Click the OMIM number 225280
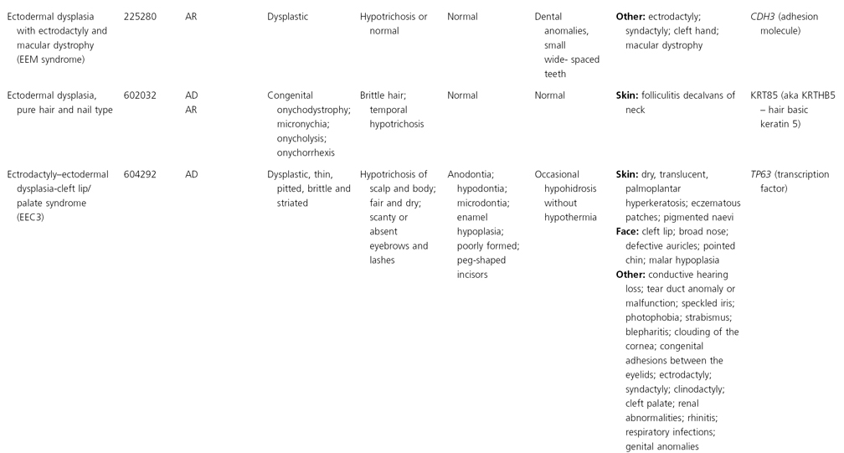(x=141, y=17)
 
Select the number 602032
(x=141, y=95)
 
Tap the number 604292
(x=141, y=174)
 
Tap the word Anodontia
(x=470, y=174)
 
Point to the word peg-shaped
(x=482, y=260)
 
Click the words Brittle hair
(x=383, y=95)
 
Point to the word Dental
(x=548, y=17)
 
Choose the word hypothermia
(x=570, y=217)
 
